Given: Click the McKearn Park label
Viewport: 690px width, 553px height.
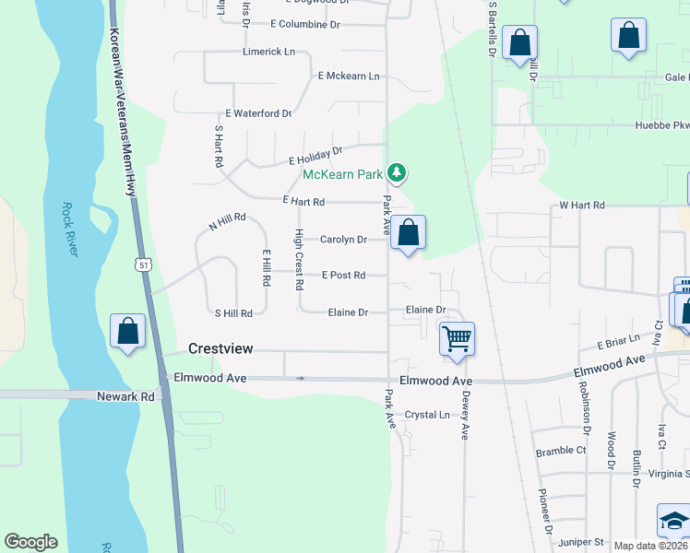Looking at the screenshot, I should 342,174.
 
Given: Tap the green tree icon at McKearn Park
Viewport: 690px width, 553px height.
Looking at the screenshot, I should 397,172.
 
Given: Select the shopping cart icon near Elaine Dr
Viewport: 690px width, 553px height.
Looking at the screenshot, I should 458,338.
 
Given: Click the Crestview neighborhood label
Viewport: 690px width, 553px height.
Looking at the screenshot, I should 220,348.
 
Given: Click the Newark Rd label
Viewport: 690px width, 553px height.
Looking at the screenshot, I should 125,396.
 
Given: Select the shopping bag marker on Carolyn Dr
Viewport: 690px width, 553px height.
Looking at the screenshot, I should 408,233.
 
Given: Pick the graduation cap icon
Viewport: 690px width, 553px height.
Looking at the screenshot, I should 673,521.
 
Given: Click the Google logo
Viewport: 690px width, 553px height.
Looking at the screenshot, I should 30,542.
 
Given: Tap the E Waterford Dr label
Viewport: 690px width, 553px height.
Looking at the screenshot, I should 252,113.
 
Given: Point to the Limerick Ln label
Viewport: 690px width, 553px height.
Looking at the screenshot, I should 268,52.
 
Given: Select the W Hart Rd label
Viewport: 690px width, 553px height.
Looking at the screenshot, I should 582,206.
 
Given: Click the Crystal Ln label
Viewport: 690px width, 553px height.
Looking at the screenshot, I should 427,415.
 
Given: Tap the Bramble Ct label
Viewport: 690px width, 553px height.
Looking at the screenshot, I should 562,452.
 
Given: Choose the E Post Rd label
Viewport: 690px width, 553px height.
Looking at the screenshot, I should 343,275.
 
